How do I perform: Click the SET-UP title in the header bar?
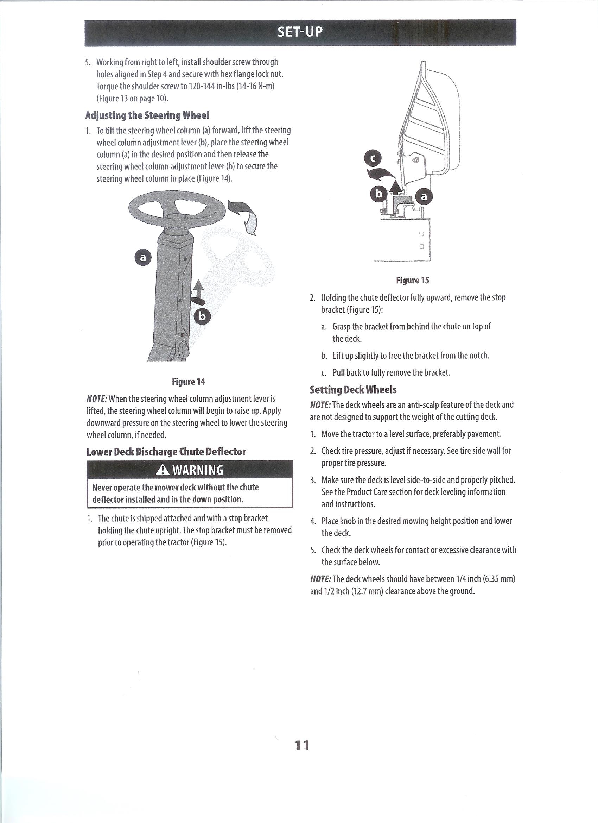(300, 32)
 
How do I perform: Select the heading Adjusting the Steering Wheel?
(147, 115)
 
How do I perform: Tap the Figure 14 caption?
(188, 381)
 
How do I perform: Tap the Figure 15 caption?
(412, 280)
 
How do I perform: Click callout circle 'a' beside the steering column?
(143, 258)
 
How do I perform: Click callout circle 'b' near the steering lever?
(202, 317)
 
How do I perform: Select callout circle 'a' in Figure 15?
(424, 197)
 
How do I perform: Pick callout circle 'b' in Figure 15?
(378, 194)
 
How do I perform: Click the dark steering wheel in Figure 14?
(177, 211)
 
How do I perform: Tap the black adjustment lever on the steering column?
(198, 301)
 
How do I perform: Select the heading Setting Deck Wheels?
(353, 390)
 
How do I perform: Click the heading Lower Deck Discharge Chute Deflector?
(166, 452)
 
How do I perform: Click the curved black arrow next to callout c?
(381, 174)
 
